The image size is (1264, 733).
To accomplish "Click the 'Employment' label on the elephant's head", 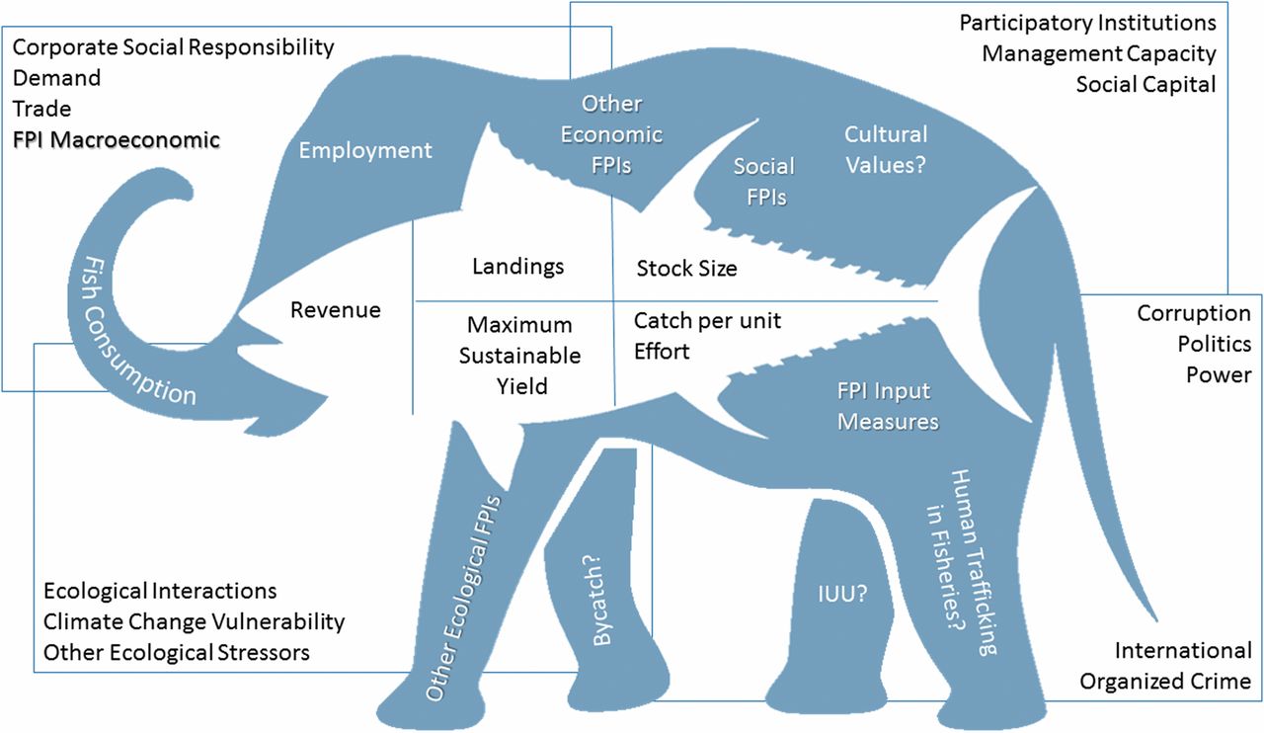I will pyautogui.click(x=365, y=150).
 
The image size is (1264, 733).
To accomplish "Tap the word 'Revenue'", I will pyautogui.click(x=335, y=310).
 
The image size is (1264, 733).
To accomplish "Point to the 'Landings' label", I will pyautogui.click(x=517, y=267).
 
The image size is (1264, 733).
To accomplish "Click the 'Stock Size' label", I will pyautogui.click(x=686, y=268).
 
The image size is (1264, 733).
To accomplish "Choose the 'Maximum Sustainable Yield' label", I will pyautogui.click(x=519, y=356).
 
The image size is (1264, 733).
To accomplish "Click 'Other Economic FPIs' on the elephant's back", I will pyautogui.click(x=611, y=134).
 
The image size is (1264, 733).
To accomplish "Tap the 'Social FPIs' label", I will pyautogui.click(x=764, y=181).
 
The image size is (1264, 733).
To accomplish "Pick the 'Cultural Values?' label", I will pyautogui.click(x=886, y=148).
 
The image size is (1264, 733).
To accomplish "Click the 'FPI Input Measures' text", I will pyautogui.click(x=888, y=406).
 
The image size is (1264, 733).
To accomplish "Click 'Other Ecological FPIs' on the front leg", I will pyautogui.click(x=465, y=598).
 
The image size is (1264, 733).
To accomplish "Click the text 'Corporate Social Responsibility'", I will pyautogui.click(x=174, y=46).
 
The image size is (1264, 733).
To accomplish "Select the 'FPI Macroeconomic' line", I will pyautogui.click(x=117, y=139).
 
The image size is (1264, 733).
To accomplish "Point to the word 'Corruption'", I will pyautogui.click(x=1194, y=313).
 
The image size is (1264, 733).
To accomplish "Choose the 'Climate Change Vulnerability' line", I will pyautogui.click(x=194, y=621).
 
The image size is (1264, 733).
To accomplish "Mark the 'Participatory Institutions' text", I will pyautogui.click(x=1088, y=22).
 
